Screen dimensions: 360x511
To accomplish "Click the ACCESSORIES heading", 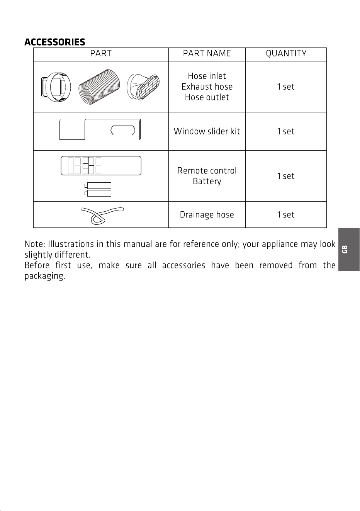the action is click(x=55, y=42).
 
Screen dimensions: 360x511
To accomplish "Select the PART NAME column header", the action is click(x=207, y=53).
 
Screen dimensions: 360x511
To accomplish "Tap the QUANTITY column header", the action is click(x=286, y=53).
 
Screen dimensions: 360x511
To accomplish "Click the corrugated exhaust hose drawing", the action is click(x=99, y=87).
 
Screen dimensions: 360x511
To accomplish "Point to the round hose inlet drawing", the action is click(x=56, y=87).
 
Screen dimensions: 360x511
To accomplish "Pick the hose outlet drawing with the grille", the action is click(x=143, y=87).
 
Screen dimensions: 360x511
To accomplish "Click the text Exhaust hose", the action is click(x=207, y=87).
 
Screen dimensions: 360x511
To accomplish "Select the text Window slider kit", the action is click(x=207, y=131).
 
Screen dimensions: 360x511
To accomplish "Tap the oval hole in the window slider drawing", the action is click(x=123, y=130).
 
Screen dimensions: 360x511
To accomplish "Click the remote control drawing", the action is click(x=101, y=166).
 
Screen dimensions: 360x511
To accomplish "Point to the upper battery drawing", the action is click(x=98, y=186).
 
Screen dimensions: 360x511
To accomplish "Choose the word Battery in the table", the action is click(x=207, y=182).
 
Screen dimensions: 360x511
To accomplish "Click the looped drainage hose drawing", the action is click(x=102, y=216).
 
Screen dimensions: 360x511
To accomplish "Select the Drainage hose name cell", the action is click(x=207, y=215).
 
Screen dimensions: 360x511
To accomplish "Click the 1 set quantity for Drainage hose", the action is click(x=285, y=215).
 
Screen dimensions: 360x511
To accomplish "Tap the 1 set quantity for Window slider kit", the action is click(x=285, y=131).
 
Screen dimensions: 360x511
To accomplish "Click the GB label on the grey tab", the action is click(x=345, y=250).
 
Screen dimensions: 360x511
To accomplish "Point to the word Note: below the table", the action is click(x=35, y=244).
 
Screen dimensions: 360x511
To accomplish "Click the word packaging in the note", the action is click(x=45, y=276).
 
